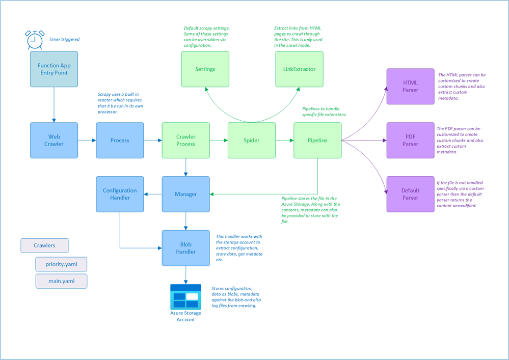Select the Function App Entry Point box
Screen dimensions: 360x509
(x=53, y=69)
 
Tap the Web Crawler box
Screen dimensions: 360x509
(x=54, y=140)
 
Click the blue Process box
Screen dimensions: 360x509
(x=120, y=140)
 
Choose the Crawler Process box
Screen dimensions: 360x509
(x=185, y=140)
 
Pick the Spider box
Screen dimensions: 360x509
(x=251, y=140)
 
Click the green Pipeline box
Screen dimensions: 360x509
(x=317, y=140)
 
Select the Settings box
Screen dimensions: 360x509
(x=205, y=69)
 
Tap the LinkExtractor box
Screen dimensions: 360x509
(x=299, y=69)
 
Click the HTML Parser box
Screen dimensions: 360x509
(x=410, y=87)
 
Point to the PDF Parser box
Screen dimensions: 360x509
(x=410, y=140)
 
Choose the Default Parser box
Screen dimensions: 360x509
(x=410, y=194)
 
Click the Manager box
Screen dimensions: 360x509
(x=185, y=194)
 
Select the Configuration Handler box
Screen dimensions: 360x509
(x=120, y=194)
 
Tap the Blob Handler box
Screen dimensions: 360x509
(x=185, y=248)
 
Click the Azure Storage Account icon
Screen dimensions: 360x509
(x=185, y=297)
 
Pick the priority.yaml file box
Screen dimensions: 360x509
(x=61, y=265)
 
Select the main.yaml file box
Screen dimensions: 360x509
(x=61, y=282)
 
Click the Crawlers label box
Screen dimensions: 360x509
(x=44, y=245)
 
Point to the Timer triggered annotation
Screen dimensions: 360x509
(x=64, y=39)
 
